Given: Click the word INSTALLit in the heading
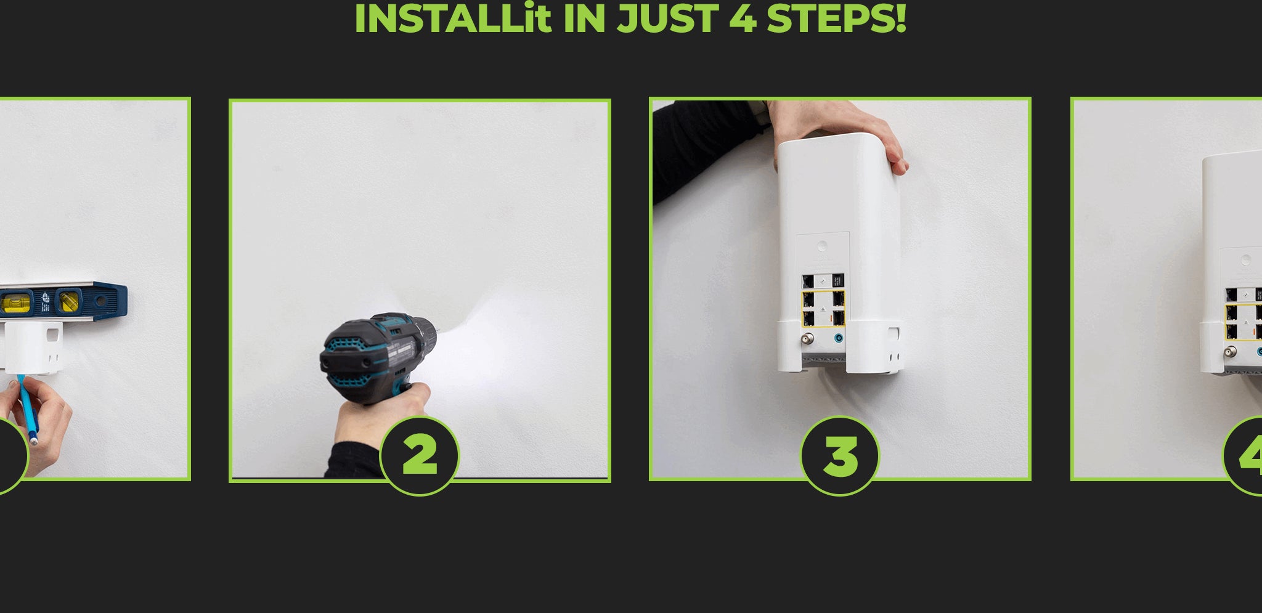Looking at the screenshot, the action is pyautogui.click(x=453, y=18).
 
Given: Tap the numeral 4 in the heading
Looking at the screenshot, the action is pyautogui.click(x=743, y=18).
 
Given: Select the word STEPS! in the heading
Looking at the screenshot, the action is pyautogui.click(x=836, y=18).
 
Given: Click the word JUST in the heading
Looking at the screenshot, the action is pyautogui.click(x=669, y=18).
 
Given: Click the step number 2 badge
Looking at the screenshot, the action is pyautogui.click(x=420, y=456).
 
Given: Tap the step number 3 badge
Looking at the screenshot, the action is pyautogui.click(x=840, y=456).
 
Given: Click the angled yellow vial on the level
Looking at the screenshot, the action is pyautogui.click(x=68, y=301).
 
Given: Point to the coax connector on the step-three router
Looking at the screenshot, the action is pyautogui.click(x=806, y=339).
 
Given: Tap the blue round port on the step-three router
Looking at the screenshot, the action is pyautogui.click(x=838, y=338).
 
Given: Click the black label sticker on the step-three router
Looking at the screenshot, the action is pyautogui.click(x=837, y=281).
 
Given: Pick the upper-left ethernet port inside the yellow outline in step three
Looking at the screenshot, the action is pyautogui.click(x=808, y=299).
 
